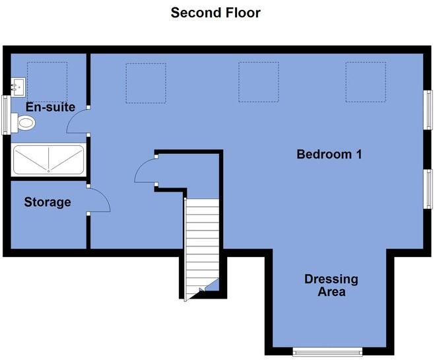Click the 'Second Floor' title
click(x=215, y=13)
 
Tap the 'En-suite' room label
click(x=50, y=107)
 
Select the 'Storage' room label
click(x=48, y=202)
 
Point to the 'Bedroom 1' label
click(x=329, y=155)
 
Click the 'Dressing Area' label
click(x=331, y=285)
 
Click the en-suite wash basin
click(x=18, y=86)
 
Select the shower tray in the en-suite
click(x=48, y=160)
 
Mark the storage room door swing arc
click(x=98, y=199)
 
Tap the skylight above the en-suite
click(x=47, y=82)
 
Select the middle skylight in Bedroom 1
click(x=258, y=83)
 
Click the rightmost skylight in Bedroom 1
click(x=365, y=83)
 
